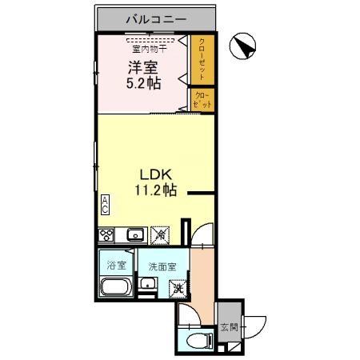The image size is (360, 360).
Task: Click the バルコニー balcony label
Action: point(156,18)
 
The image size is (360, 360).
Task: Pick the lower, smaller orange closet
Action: point(202,100)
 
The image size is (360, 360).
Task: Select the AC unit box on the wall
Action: point(104,204)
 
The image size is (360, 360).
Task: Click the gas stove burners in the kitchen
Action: point(107,234)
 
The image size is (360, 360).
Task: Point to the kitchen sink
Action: point(134,234)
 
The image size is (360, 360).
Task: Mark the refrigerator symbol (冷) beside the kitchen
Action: point(161,234)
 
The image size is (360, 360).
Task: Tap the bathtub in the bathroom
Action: point(117,290)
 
